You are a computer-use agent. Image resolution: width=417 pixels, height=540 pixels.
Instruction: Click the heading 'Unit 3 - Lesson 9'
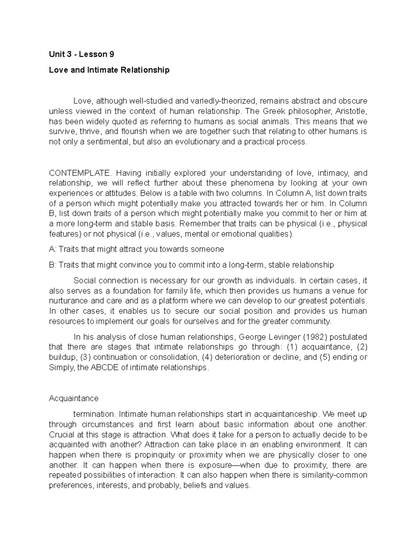click(81, 54)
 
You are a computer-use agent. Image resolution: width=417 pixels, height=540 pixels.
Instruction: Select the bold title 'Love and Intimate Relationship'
click(109, 70)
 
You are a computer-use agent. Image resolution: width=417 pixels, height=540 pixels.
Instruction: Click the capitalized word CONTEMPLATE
click(81, 173)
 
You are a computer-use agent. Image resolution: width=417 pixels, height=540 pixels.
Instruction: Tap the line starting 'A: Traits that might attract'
click(136, 249)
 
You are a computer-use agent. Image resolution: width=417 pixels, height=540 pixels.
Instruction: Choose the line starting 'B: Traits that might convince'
click(191, 265)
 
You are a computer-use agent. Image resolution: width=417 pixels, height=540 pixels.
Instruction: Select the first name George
click(251, 337)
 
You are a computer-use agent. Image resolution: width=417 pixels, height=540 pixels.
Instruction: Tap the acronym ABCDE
click(104, 368)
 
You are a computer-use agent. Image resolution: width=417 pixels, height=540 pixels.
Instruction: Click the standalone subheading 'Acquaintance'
click(74, 398)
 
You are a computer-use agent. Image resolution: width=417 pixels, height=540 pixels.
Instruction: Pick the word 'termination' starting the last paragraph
click(94, 414)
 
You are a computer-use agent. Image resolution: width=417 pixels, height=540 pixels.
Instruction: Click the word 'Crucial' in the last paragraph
click(61, 435)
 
